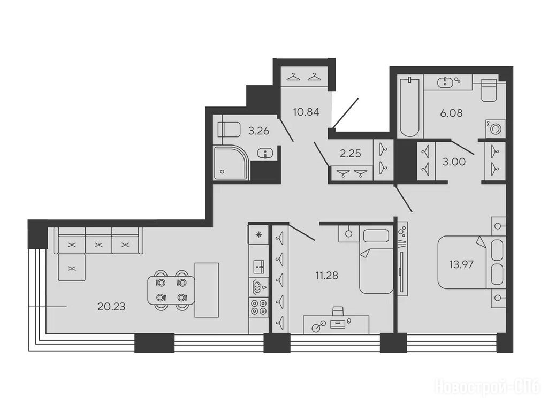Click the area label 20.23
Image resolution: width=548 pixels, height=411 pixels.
pyautogui.click(x=111, y=307)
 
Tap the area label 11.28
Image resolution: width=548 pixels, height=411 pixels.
pyautogui.click(x=327, y=276)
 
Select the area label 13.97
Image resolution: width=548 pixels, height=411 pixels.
pyautogui.click(x=461, y=264)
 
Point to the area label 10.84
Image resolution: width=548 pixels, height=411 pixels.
pyautogui.click(x=307, y=112)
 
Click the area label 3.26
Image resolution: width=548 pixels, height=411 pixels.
pyautogui.click(x=258, y=131)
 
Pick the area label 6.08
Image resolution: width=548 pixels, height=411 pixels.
pyautogui.click(x=451, y=113)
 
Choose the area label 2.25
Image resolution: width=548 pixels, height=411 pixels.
pyautogui.click(x=350, y=154)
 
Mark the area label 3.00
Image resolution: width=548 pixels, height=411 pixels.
pyautogui.click(x=454, y=162)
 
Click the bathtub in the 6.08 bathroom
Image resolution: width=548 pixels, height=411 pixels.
pyautogui.click(x=409, y=107)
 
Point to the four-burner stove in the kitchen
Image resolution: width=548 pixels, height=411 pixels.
pyautogui.click(x=258, y=308)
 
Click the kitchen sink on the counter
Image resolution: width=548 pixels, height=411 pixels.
pyautogui.click(x=258, y=268)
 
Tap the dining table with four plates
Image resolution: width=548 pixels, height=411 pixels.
pyautogui.click(x=171, y=290)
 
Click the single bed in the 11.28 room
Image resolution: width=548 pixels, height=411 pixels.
pyautogui.click(x=376, y=261)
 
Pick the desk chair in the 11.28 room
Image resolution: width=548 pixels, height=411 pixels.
pyautogui.click(x=338, y=312)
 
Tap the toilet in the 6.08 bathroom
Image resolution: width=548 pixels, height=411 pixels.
pyautogui.click(x=489, y=90)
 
